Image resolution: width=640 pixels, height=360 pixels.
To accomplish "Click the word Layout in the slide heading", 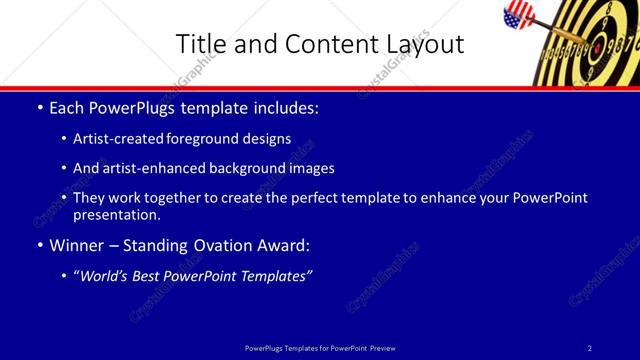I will coord(425,44).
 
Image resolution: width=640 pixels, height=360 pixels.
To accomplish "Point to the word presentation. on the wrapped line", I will coord(116,214).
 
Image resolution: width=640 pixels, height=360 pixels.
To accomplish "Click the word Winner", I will coord(78,245).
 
